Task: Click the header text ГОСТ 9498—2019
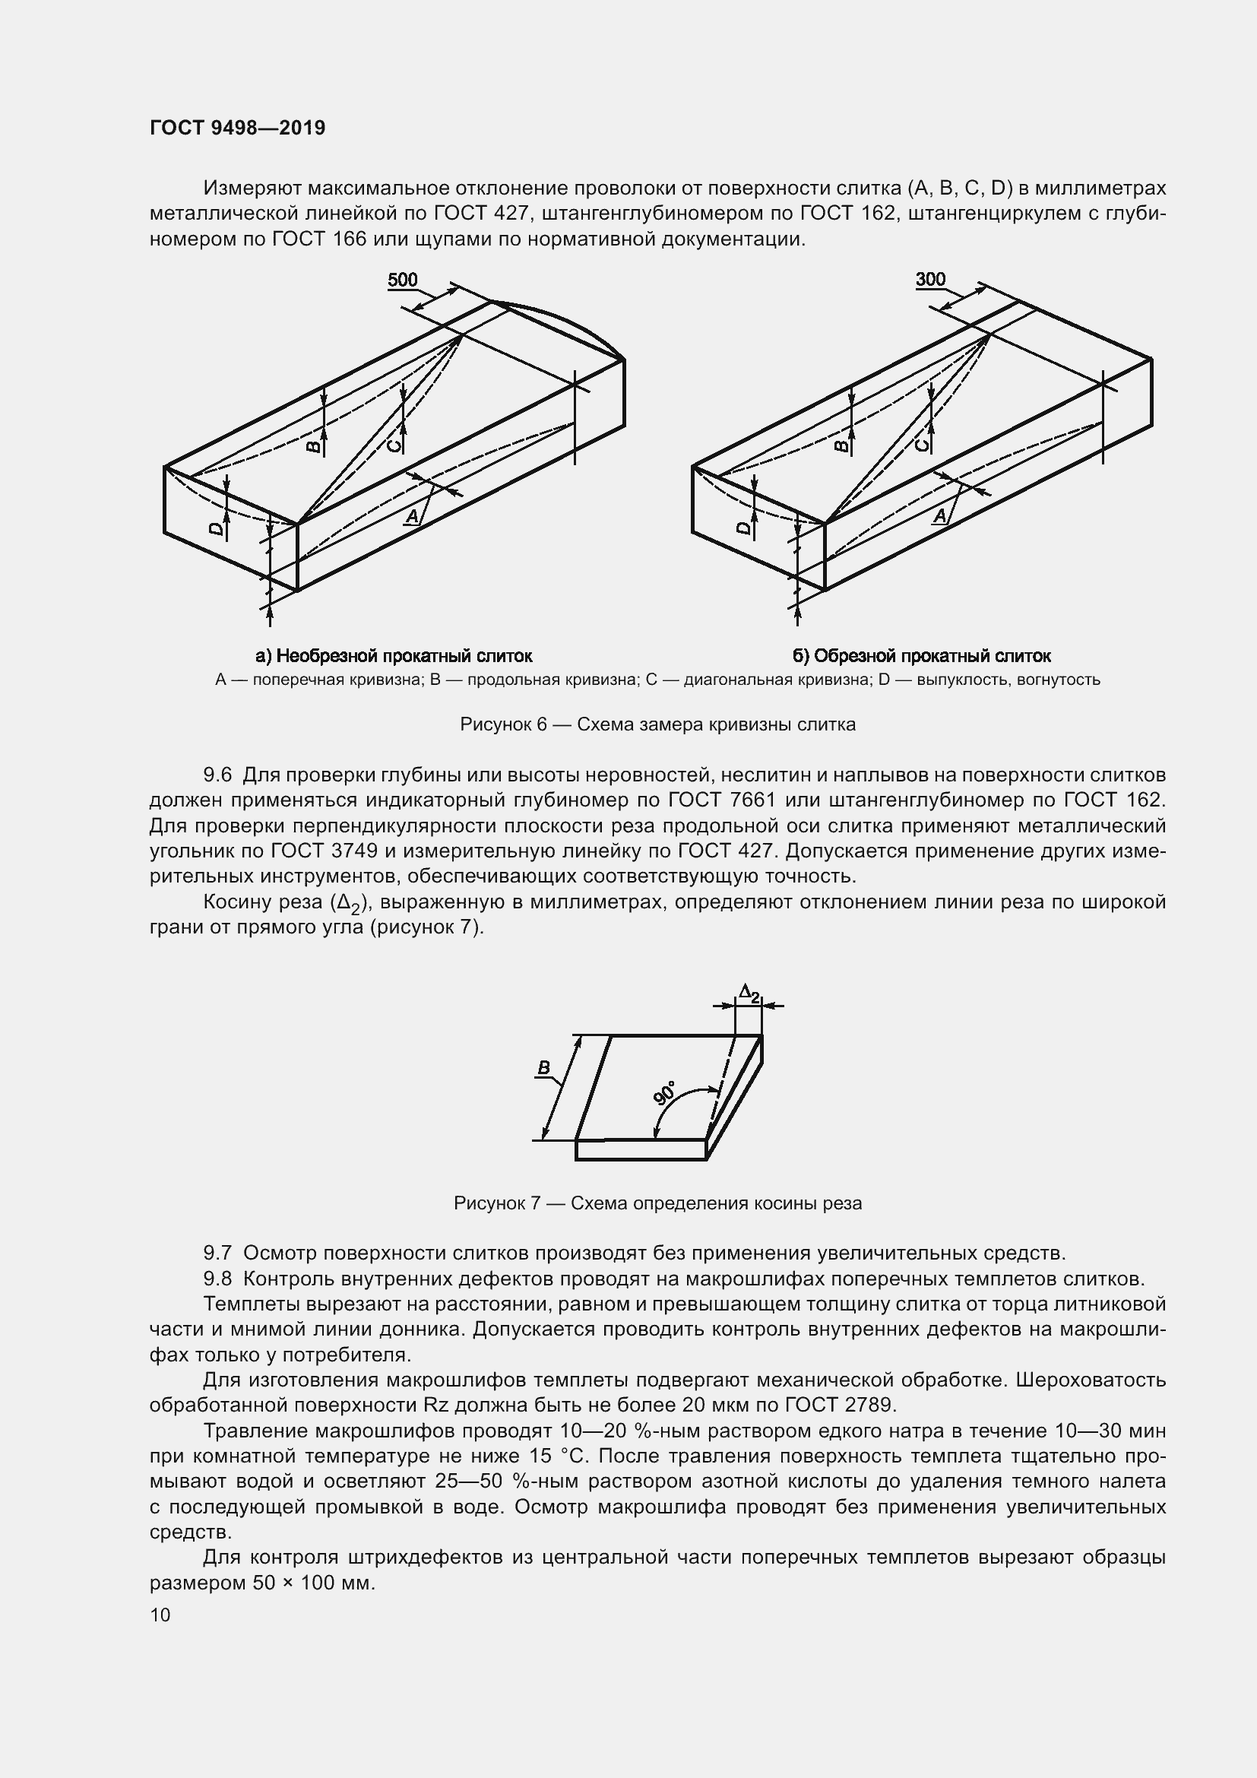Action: coord(237,128)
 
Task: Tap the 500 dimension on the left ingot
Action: coord(403,280)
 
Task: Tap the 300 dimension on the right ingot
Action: coord(930,280)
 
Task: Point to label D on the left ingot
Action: coord(217,529)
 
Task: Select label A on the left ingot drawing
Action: coord(413,515)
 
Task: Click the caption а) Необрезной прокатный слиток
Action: coord(394,656)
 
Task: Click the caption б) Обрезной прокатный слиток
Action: coord(921,656)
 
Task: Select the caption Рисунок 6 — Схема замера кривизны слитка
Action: coord(657,724)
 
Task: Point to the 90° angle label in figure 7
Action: coord(664,1092)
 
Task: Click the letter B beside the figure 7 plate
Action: coord(543,1068)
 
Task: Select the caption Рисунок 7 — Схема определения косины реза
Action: coord(657,1203)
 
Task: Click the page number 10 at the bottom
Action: coord(160,1615)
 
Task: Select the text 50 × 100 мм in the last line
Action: coord(313,1582)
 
